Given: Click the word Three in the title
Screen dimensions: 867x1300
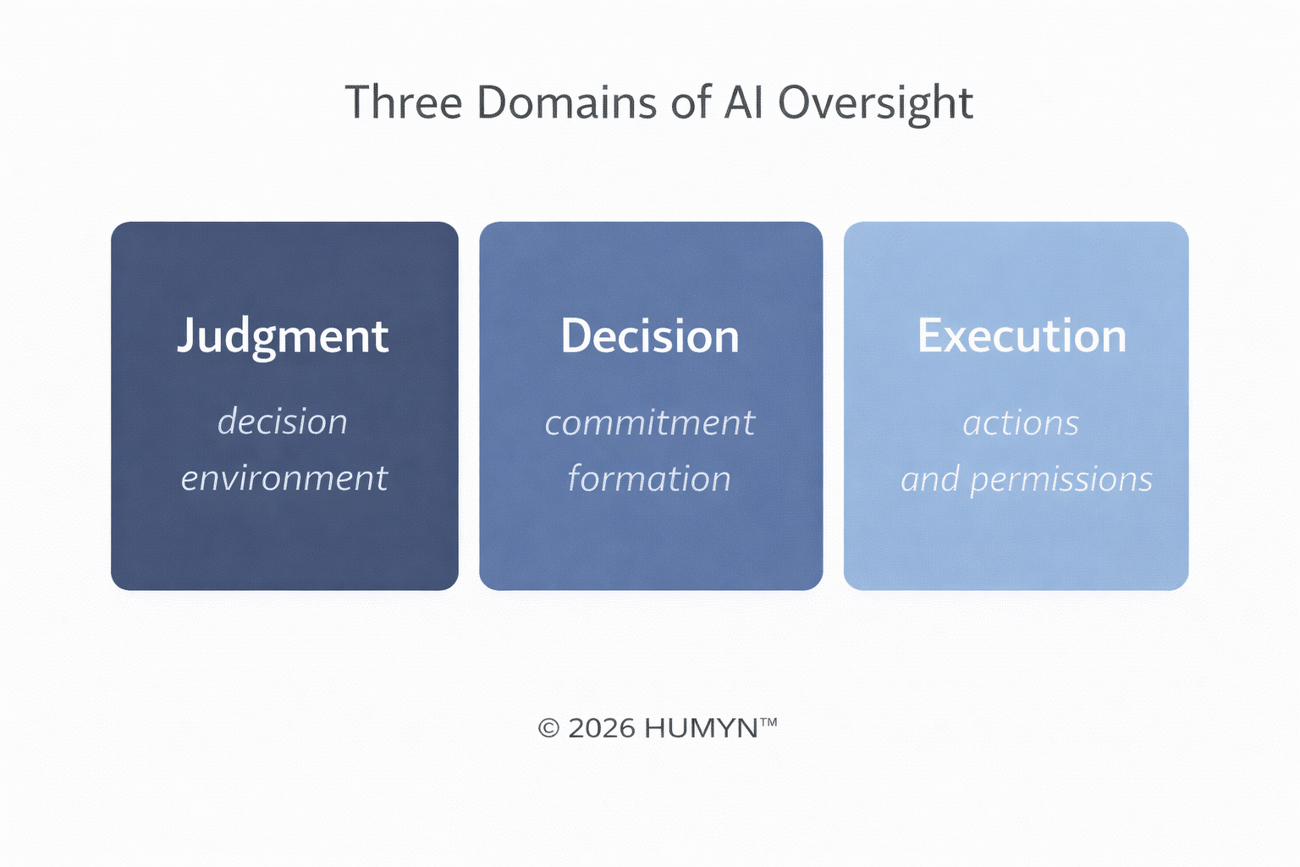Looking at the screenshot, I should coord(404,102).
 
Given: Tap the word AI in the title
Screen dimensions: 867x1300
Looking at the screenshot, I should coord(745,102).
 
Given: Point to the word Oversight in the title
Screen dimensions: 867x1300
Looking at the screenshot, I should coord(875,104).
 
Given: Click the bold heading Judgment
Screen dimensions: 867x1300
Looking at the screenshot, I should coord(283,337).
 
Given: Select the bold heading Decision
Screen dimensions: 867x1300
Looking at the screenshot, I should coord(650,336).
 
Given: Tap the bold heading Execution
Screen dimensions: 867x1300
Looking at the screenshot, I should coord(1022,336).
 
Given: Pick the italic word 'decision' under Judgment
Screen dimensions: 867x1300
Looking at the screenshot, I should coord(283,422).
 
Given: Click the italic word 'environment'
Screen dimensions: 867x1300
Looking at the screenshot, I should coord(284,478).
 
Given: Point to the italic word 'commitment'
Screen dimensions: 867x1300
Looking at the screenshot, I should coord(649,422).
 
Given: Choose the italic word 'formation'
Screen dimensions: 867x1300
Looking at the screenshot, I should coord(649,479).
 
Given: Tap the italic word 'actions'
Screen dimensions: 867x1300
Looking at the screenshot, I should coord(1021,423).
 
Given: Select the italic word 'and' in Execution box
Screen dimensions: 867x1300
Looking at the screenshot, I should coord(930,480).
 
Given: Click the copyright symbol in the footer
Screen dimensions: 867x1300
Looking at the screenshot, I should coord(549,728).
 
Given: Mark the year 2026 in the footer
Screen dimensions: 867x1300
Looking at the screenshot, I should coord(602,728).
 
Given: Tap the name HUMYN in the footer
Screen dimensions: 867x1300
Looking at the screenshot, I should coord(700,728).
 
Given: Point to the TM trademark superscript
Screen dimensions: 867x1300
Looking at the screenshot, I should coord(768,722).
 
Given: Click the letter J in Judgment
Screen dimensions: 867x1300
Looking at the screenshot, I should coord(186,337).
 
